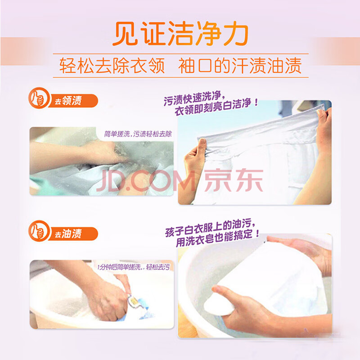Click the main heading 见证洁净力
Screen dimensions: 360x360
180,34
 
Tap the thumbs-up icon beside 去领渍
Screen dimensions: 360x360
39,98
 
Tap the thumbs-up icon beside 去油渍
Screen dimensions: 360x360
39,231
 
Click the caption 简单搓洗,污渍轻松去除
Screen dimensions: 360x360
138,134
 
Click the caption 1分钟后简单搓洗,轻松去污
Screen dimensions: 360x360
134,267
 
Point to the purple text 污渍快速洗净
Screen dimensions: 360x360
193,98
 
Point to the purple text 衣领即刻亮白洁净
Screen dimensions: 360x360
216,107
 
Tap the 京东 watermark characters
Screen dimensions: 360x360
234,180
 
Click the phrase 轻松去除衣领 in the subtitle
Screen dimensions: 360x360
112,66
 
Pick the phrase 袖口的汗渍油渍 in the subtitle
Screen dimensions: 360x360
240,66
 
